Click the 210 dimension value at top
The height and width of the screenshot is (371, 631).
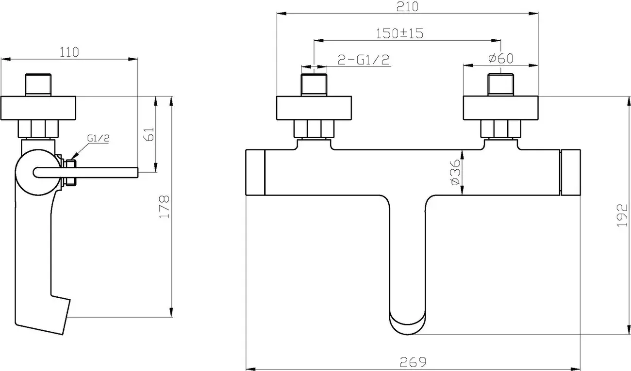(407, 7)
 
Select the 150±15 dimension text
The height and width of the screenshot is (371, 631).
(400, 33)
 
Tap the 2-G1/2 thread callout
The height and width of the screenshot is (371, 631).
(364, 60)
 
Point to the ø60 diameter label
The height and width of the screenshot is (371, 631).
(501, 58)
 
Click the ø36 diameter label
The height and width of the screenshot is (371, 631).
(455, 172)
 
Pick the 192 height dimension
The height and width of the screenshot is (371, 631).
(622, 215)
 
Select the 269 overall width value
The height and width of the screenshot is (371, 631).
(413, 362)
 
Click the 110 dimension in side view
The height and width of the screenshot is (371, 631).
(69, 52)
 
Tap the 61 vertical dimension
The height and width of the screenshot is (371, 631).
(149, 134)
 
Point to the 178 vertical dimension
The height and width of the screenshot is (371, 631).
(164, 207)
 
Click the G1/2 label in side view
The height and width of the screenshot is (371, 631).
(98, 138)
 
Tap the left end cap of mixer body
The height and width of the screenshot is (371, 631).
(255, 172)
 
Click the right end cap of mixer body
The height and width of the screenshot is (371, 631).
(571, 172)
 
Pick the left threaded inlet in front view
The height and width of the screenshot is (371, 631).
(314, 84)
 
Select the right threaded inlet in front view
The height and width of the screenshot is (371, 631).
(501, 84)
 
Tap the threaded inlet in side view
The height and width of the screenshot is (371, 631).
(38, 85)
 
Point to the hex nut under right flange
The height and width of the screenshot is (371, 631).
(501, 129)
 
